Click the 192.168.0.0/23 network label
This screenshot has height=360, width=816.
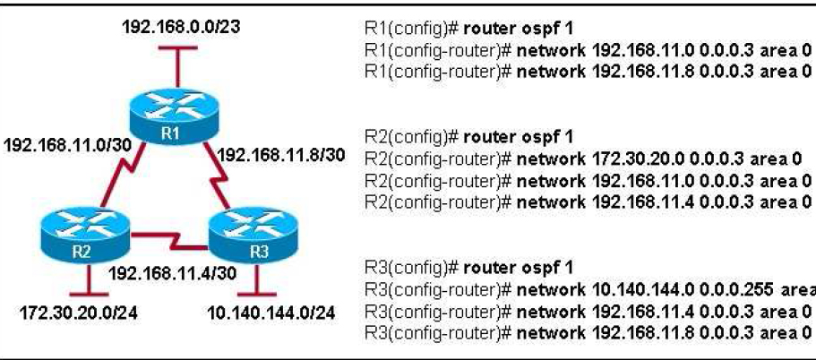[180, 27]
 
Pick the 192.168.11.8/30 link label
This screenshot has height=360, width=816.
[281, 153]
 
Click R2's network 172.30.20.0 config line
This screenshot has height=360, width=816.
[583, 159]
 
